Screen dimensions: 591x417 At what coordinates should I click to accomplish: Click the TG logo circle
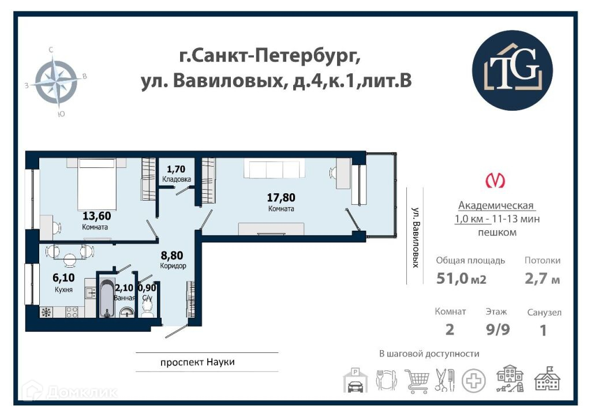513,70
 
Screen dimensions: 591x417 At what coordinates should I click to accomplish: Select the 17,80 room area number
281,197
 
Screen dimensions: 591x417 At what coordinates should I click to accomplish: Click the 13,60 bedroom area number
97,216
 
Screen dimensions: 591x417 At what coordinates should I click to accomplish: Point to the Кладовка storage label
177,179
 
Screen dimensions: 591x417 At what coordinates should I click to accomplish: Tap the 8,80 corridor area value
172,256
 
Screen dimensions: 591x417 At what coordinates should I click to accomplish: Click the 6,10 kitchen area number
63,277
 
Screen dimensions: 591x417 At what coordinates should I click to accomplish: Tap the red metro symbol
495,181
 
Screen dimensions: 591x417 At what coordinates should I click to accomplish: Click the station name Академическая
496,206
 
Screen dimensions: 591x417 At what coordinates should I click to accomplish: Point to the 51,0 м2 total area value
461,279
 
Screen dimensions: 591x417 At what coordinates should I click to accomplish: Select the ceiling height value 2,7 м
543,279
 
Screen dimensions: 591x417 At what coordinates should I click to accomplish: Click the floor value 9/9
498,329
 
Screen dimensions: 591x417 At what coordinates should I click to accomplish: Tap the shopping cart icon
417,381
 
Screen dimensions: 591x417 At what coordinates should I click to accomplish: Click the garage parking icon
356,381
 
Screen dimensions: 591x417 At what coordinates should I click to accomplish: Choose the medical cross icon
474,381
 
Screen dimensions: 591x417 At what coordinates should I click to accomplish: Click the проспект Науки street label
197,362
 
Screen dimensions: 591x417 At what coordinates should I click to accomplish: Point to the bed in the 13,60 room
97,184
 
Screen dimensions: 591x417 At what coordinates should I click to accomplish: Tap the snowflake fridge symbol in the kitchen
46,312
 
